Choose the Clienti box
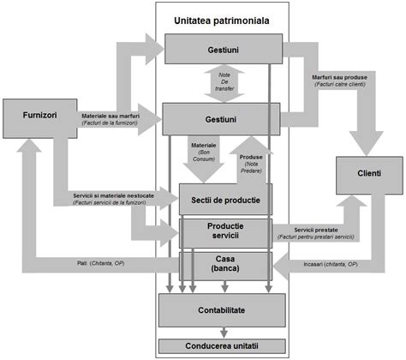[x=368, y=174]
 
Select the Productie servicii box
[x=224, y=231]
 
